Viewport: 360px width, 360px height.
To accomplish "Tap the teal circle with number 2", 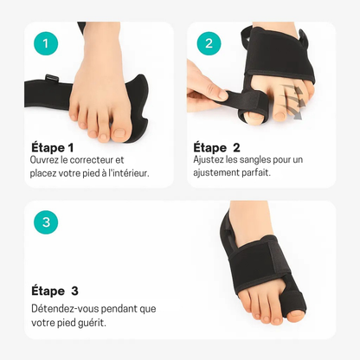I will point(209,42).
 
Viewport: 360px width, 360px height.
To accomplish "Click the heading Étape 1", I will point(53,146).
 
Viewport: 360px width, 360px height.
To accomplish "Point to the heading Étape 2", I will point(217,146).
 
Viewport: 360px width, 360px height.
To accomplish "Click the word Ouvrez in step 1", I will point(47,160).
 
